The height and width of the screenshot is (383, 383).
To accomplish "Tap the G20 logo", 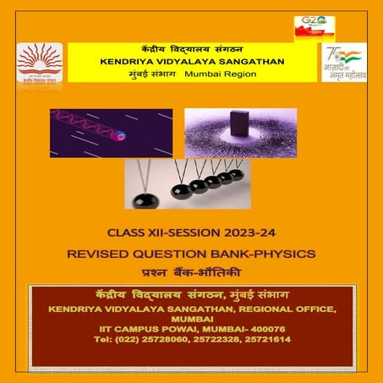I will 313,26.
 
